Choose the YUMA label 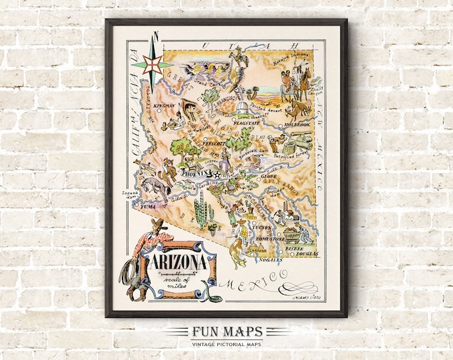147,207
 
